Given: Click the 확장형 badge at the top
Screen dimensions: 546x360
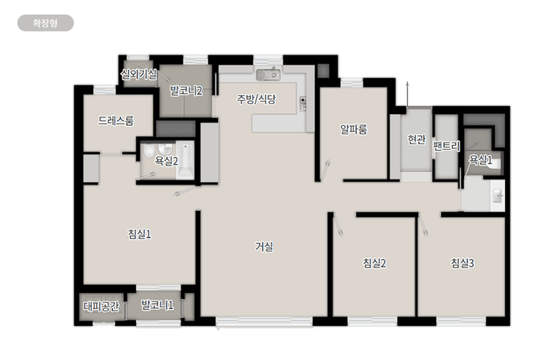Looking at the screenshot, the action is pyautogui.click(x=45, y=23).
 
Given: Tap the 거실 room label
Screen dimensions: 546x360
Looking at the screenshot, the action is pyautogui.click(x=264, y=247).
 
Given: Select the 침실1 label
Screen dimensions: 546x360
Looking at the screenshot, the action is pyautogui.click(x=139, y=233).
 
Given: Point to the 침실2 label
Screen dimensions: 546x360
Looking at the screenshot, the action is pyautogui.click(x=374, y=263).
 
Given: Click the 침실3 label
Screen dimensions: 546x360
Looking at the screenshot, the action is pyautogui.click(x=462, y=263).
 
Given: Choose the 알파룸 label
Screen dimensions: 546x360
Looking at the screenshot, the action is pyautogui.click(x=353, y=129).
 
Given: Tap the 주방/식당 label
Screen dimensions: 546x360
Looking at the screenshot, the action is pyautogui.click(x=256, y=99).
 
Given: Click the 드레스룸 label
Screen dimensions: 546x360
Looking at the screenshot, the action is pyautogui.click(x=115, y=121).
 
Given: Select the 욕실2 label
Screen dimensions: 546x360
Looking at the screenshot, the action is pyautogui.click(x=167, y=161).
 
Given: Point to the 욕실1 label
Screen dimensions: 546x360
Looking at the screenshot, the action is pyautogui.click(x=481, y=160).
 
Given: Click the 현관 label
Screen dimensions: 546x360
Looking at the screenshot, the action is pyautogui.click(x=417, y=139).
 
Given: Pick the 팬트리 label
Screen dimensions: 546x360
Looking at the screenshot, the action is pyautogui.click(x=446, y=146).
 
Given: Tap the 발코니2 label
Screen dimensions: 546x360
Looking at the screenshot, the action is pyautogui.click(x=186, y=91).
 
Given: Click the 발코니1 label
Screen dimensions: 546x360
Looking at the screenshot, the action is pyautogui.click(x=157, y=305).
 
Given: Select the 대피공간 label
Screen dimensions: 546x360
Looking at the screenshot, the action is pyautogui.click(x=101, y=307).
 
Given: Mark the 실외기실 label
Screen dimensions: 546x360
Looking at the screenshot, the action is pyautogui.click(x=139, y=74).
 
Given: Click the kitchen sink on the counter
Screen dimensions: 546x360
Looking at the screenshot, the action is pyautogui.click(x=268, y=75).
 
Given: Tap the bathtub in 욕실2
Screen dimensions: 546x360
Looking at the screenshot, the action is pyautogui.click(x=184, y=160).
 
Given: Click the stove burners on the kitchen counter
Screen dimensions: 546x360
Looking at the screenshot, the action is pyautogui.click(x=303, y=103).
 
